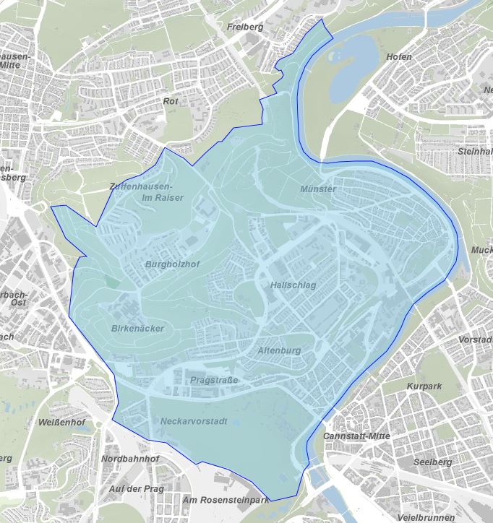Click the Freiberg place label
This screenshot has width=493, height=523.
(244, 27)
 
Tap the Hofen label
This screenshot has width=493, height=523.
(399, 56)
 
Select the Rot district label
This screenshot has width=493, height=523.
(171, 102)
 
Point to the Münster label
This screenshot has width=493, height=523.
(318, 189)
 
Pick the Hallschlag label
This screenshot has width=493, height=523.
(293, 285)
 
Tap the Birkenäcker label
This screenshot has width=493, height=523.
(138, 329)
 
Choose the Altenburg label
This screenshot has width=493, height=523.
(278, 350)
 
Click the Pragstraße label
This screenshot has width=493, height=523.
(215, 379)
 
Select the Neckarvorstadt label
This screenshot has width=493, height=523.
(195, 421)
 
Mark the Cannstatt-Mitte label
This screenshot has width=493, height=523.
(357, 436)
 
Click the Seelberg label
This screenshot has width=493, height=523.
(432, 462)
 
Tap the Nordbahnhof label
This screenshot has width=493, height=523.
(130, 459)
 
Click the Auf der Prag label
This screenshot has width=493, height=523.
(136, 489)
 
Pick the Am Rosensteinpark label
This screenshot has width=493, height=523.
(226, 500)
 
